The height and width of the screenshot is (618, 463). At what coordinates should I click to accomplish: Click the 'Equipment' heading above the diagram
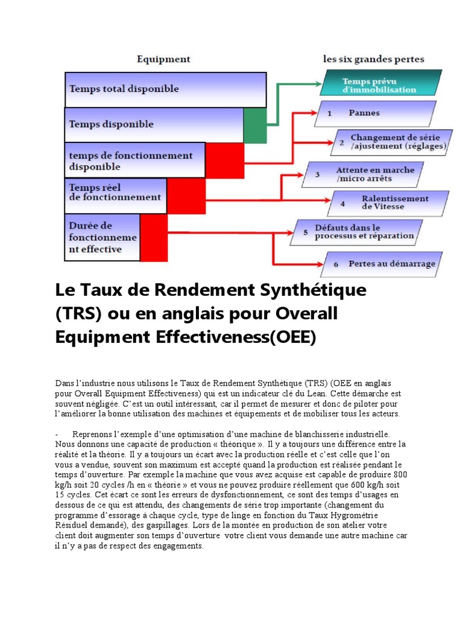coord(163,59)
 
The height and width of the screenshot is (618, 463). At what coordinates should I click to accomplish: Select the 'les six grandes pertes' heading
coord(373,59)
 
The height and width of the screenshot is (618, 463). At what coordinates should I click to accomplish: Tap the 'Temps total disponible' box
coord(165,89)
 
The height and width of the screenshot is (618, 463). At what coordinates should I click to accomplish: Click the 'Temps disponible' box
coord(154,124)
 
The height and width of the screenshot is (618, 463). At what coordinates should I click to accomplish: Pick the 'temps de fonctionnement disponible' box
coord(134,161)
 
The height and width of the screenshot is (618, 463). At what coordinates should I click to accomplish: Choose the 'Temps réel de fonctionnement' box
coord(115,195)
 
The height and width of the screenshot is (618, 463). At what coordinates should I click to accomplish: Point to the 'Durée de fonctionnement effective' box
coord(102,237)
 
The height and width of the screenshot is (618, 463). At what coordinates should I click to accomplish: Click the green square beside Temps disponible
coord(254,126)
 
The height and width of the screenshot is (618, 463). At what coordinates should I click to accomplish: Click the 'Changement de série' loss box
coord(391,142)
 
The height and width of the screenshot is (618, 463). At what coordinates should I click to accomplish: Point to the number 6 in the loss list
coord(335,264)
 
